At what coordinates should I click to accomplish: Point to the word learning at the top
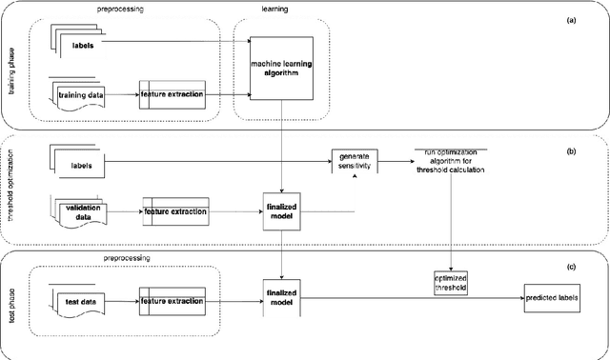pyautogui.click(x=274, y=8)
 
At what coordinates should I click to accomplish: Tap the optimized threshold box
pyautogui.click(x=452, y=282)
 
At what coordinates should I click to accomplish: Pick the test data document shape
pyautogui.click(x=82, y=301)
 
